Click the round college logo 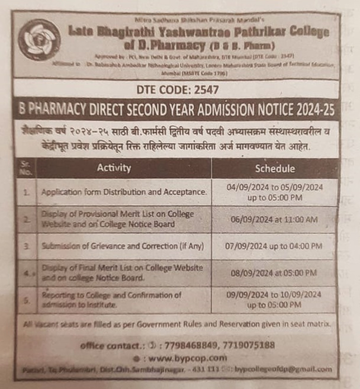click(38, 40)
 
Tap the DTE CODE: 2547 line click(177, 90)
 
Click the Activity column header click(114, 168)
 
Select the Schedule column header click(275, 168)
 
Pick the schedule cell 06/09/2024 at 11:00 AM click(275, 220)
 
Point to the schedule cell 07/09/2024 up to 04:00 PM click(275, 245)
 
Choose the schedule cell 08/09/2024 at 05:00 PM click(275, 273)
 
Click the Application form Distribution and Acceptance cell click(124, 192)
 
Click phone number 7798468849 click(191, 345)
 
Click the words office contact click(115, 345)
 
